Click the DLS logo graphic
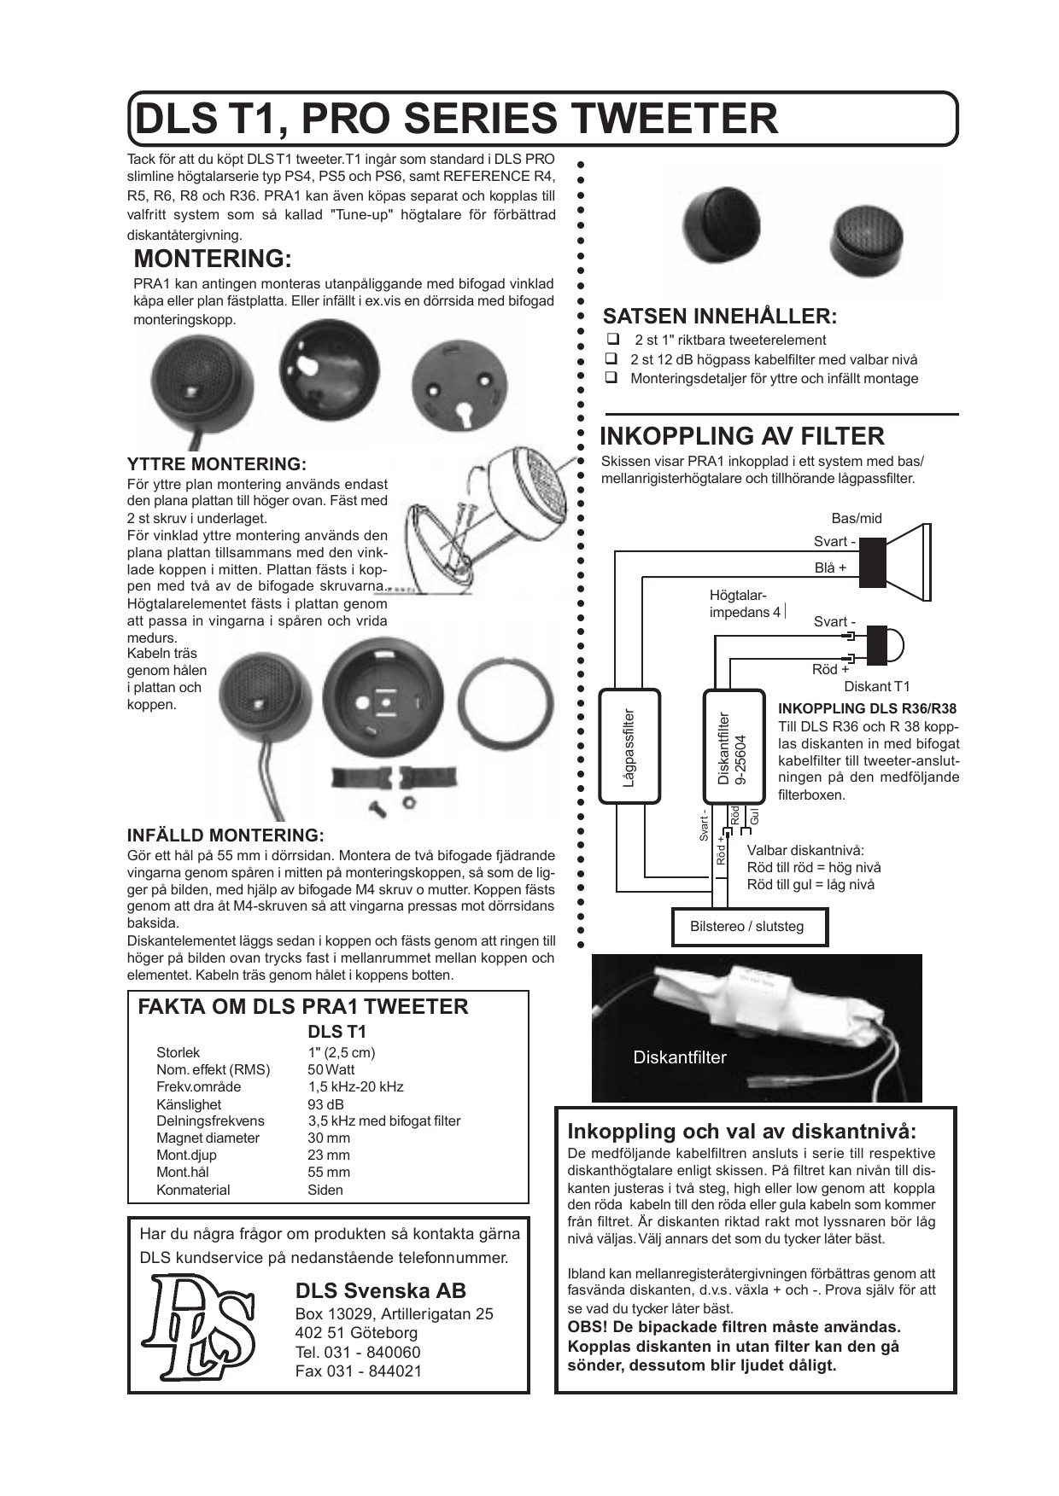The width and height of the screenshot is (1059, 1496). (202, 1327)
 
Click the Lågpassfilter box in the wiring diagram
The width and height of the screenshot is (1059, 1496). (630, 747)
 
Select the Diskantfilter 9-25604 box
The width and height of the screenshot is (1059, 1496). (733, 747)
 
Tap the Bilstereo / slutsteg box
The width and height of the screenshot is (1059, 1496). (746, 927)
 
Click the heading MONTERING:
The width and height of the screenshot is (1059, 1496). (213, 259)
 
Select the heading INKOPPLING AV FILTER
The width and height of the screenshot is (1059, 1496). (741, 436)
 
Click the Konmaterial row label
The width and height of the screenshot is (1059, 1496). (193, 1190)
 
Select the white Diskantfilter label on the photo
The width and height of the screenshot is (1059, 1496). (680, 1057)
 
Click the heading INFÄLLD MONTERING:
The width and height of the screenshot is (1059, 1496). (225, 835)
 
